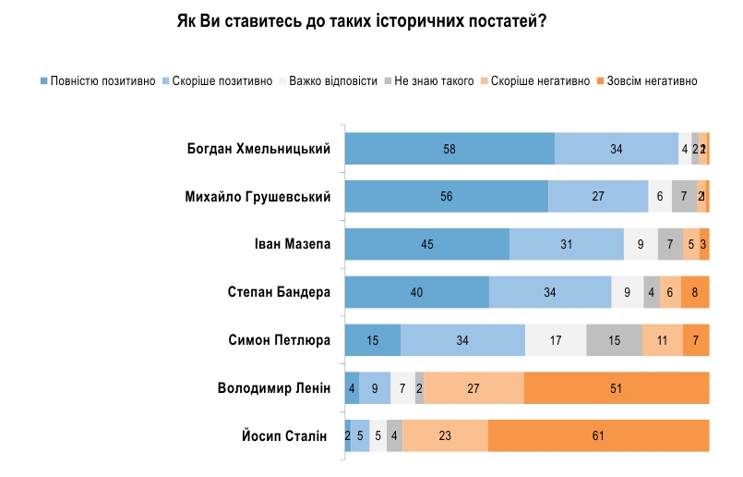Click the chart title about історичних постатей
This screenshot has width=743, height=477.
362,21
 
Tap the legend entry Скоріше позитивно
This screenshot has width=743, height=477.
218,81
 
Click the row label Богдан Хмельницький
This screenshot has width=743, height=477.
258,148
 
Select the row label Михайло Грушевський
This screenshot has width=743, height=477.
258,196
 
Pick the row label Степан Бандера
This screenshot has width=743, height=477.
279,292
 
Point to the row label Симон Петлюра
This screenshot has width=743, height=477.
279,339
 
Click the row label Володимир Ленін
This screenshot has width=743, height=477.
273,387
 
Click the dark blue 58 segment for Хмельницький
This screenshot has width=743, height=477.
449,148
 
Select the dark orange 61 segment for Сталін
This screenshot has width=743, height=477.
598,435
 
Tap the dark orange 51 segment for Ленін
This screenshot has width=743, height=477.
617,387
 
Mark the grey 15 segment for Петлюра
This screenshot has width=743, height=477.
614,339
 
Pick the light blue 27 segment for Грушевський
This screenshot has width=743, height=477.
598,196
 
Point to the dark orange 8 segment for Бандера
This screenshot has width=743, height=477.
695,292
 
